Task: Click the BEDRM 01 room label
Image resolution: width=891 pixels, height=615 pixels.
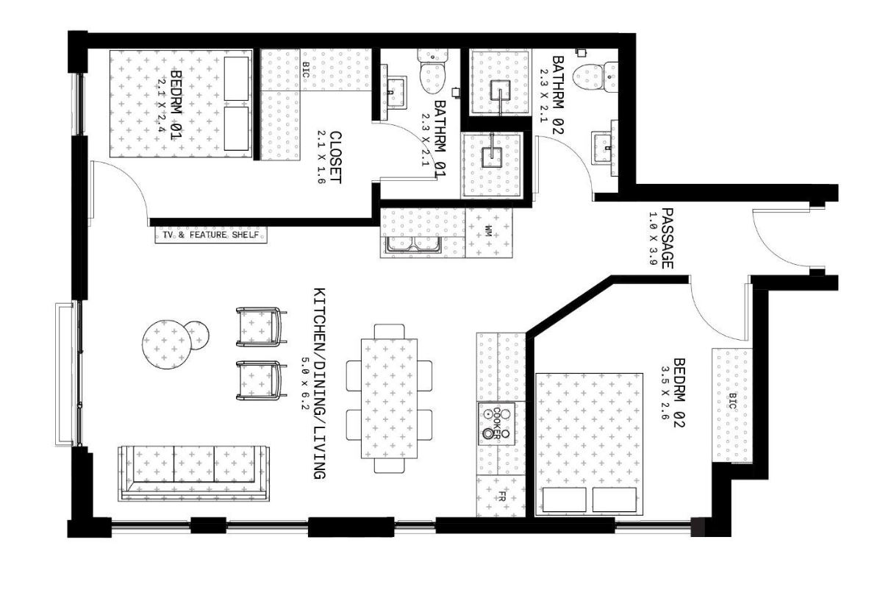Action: tap(176, 105)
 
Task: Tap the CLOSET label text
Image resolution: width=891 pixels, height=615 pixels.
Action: tap(336, 157)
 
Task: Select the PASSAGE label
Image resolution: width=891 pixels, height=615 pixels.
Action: tap(667, 238)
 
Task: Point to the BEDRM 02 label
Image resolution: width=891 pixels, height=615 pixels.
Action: tap(679, 393)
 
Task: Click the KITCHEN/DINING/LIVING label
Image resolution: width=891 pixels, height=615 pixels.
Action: tap(319, 384)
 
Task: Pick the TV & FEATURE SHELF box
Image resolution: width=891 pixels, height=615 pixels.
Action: tap(211, 235)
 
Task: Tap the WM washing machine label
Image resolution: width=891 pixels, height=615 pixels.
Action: tap(489, 231)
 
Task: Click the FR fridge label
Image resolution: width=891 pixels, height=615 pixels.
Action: tap(501, 497)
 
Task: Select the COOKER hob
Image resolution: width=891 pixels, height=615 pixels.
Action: tap(496, 424)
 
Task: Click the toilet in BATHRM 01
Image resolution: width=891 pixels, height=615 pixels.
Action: tap(432, 71)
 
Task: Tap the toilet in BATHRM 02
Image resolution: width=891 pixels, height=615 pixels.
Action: tap(595, 77)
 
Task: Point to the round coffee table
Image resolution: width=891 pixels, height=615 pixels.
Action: tap(166, 344)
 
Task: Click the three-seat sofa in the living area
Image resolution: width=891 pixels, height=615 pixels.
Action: tap(194, 473)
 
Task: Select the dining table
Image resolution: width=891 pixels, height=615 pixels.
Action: tap(389, 399)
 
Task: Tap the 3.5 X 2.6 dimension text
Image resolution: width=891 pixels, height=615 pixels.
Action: tap(664, 393)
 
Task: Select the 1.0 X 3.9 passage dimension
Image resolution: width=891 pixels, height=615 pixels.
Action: tap(652, 238)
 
